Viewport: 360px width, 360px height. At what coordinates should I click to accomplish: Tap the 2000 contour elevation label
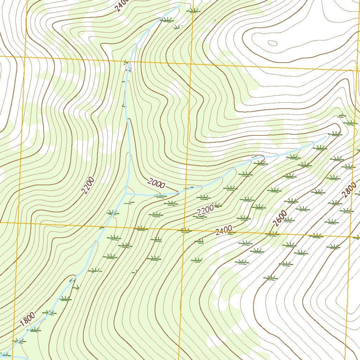point(156,183)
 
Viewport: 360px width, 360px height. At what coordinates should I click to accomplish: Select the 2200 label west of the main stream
point(88,186)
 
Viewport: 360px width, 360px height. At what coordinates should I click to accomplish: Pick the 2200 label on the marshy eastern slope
point(205,210)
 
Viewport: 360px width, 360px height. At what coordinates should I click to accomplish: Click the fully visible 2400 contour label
point(224,230)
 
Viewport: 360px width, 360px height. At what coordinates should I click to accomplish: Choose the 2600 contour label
point(280,219)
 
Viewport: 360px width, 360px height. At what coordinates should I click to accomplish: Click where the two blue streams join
point(126,193)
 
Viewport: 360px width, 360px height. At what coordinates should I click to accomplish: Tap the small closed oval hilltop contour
point(272,43)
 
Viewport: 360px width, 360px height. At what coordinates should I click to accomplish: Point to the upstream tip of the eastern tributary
point(326,137)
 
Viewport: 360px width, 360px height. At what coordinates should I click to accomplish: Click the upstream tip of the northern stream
point(180,5)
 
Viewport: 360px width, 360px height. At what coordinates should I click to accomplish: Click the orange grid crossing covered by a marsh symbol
point(184,231)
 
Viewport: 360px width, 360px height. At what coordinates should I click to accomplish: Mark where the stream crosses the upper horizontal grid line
point(130,62)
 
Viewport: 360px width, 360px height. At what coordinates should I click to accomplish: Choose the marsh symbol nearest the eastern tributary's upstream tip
point(334,134)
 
